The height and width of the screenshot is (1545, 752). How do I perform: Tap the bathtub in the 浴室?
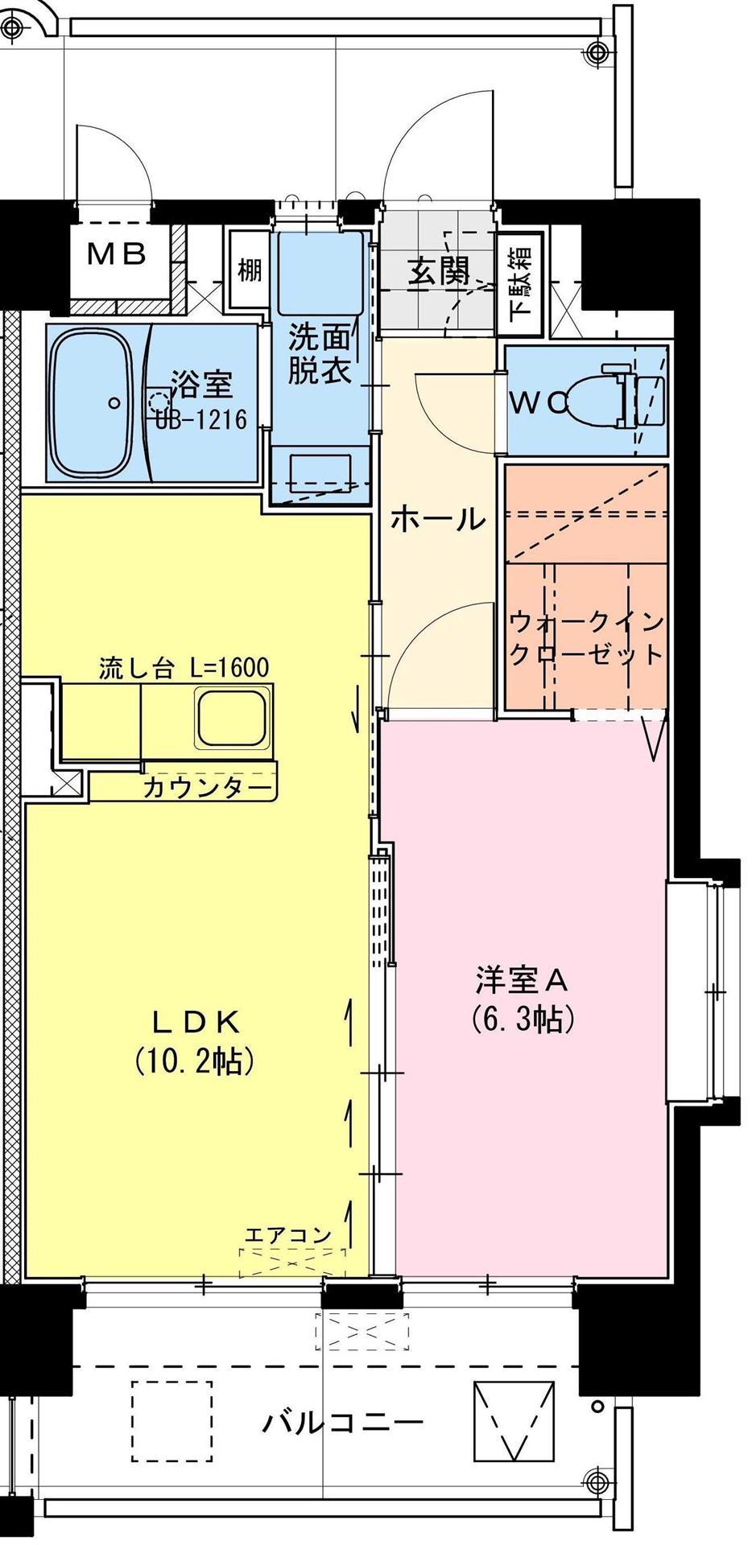[x=90, y=402]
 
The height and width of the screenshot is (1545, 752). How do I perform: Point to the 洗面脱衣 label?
[x=320, y=355]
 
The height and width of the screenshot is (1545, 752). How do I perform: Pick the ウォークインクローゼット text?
[x=587, y=637]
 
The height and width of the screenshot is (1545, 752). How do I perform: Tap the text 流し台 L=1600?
[x=184, y=668]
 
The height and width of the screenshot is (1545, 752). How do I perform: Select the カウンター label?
[x=206, y=788]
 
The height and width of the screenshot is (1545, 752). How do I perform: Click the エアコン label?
[x=287, y=1234]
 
